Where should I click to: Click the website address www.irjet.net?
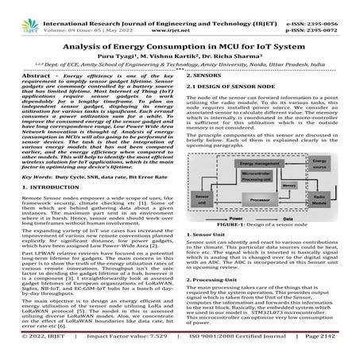180,24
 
